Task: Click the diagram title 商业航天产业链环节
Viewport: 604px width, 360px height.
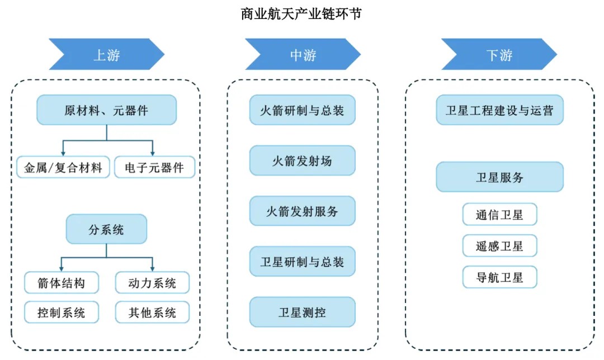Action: pos(301,13)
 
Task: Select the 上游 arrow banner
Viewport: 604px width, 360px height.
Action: pos(106,54)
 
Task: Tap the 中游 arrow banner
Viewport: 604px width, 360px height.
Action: pos(303,54)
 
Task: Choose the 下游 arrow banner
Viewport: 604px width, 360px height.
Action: pos(499,54)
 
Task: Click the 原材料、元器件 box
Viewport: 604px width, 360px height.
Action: pos(106,110)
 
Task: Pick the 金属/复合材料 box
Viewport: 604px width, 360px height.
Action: pos(63,167)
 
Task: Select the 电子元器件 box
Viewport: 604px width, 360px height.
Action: pos(154,167)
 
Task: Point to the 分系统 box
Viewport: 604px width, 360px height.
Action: pos(106,229)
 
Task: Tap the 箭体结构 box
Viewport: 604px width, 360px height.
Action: pos(62,283)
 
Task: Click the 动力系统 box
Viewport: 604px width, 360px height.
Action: pos(152,283)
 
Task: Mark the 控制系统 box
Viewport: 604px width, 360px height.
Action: pos(62,312)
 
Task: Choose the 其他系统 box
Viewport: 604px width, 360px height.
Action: pos(152,312)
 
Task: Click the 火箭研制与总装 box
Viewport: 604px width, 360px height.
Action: pos(302,110)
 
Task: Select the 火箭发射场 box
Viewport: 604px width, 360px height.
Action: pos(302,160)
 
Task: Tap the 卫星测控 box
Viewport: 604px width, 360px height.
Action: pos(302,312)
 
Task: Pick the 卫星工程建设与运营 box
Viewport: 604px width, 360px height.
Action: pos(499,110)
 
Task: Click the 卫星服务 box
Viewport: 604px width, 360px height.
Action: pos(499,177)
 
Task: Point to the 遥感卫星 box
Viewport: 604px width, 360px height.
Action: pos(499,246)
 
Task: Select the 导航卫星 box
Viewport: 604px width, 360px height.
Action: pos(499,277)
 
